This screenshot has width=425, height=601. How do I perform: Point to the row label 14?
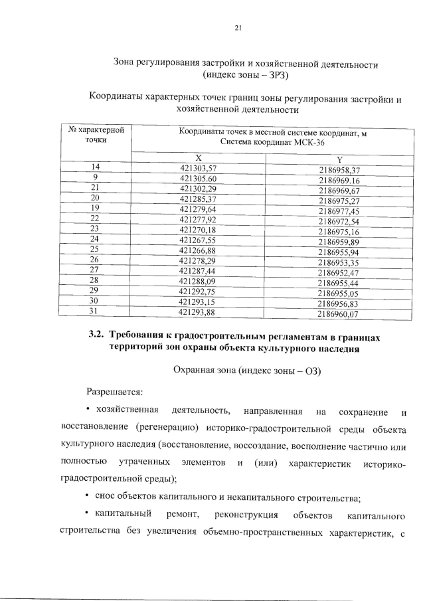pos(96,168)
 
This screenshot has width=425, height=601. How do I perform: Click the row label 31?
pos(94,311)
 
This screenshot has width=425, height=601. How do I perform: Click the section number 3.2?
pos(98,337)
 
